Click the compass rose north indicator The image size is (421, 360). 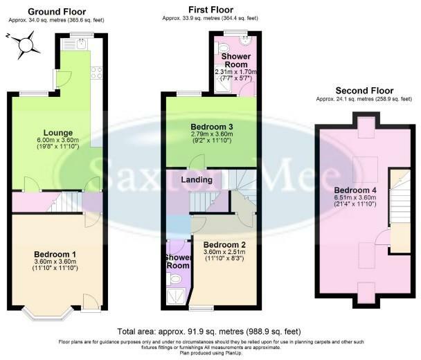pos(8,35)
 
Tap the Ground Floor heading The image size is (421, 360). pos(57,12)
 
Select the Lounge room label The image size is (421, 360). pos(58,133)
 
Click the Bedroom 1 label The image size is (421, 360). pos(55,254)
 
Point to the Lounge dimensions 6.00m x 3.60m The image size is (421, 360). pos(58,140)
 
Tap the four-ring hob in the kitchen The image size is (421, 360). pos(97,73)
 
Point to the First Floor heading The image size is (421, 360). pos(210,10)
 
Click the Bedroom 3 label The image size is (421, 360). pos(212,127)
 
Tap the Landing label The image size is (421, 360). pos(197,179)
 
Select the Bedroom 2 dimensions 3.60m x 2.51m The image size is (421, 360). pos(224,252)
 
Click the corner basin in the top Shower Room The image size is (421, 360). pos(246,40)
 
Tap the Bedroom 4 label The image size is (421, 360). pos(355,190)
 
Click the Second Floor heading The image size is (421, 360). pos(364,91)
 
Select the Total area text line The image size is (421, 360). pos(209,332)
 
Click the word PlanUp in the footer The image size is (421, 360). pos(235,353)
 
